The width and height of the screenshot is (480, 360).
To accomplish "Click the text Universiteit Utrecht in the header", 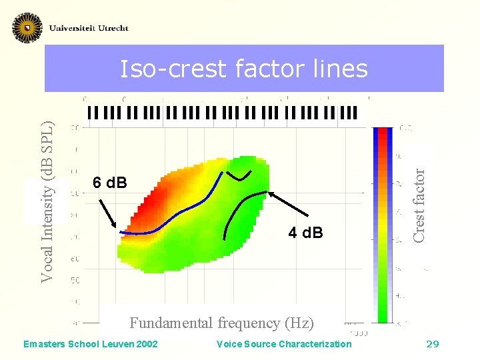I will [89, 28].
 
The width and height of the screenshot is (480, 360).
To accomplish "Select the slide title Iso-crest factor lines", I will [243, 69].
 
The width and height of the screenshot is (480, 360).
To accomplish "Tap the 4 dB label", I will [305, 233].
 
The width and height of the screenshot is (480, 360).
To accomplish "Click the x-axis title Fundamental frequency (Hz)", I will [221, 323].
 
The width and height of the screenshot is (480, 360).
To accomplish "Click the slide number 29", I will [432, 344].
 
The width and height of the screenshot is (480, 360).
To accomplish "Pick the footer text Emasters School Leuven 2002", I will [91, 344].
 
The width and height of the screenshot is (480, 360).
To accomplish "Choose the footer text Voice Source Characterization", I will [284, 344].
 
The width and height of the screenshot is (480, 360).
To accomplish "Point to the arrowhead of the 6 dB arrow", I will [117, 229].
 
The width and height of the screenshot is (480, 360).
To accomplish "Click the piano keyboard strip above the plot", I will [222, 113].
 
